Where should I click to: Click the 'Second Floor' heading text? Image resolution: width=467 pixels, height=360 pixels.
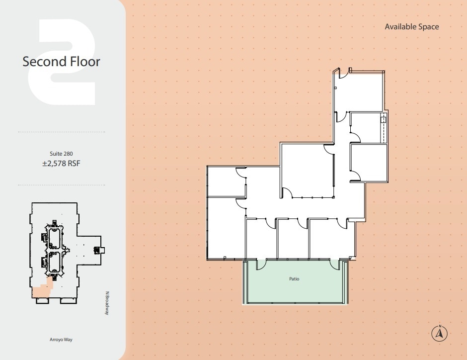coord(61,62)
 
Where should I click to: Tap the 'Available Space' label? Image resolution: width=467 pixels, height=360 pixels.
coord(412,27)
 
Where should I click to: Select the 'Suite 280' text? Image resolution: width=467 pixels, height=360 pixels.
coord(61,154)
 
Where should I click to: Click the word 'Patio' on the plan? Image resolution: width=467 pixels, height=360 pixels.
coord(294,279)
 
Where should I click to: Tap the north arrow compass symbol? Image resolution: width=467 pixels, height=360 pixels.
coord(440,333)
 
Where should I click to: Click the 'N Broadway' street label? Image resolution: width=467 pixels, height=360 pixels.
coord(107,302)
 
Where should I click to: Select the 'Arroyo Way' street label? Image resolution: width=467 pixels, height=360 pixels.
coord(61,340)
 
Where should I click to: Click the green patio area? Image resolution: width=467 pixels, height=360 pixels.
coord(294,288)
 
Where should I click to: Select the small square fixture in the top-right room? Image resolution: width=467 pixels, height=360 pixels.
coord(383,119)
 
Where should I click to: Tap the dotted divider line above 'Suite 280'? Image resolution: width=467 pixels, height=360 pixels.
coord(61,132)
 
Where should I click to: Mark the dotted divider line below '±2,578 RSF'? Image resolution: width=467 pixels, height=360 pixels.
coord(61,185)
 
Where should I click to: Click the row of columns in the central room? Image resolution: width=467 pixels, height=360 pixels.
coord(312,198)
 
